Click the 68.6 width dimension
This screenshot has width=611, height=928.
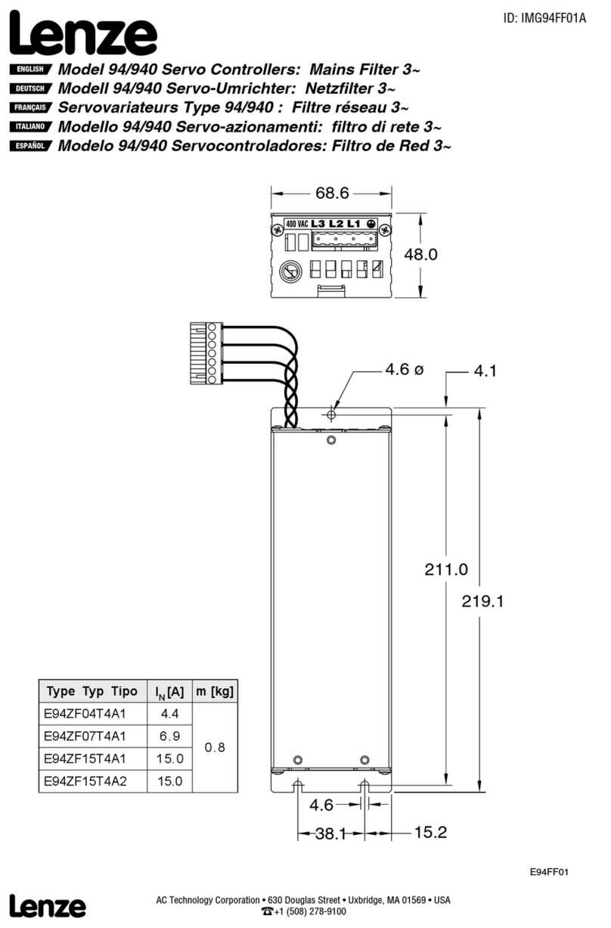point(332,194)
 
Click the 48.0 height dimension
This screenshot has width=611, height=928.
point(420,255)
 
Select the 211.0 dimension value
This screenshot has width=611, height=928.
point(446,570)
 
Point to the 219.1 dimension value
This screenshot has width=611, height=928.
point(482,602)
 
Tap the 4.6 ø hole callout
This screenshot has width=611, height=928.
point(404,370)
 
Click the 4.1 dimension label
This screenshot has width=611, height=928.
point(484,371)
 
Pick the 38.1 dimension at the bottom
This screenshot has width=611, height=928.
point(330,833)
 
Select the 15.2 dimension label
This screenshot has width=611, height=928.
point(430,833)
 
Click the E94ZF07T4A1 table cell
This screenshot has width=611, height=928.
point(85,736)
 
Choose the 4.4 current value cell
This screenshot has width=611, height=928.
point(169,713)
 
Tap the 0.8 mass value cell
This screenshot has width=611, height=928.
point(215,747)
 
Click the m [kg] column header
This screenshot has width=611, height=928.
point(215,691)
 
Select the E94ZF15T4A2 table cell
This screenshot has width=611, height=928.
point(85,781)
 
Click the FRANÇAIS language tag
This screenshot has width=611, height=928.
point(29,108)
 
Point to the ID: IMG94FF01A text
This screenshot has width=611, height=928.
point(544,18)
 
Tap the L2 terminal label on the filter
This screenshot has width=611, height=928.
point(336,224)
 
